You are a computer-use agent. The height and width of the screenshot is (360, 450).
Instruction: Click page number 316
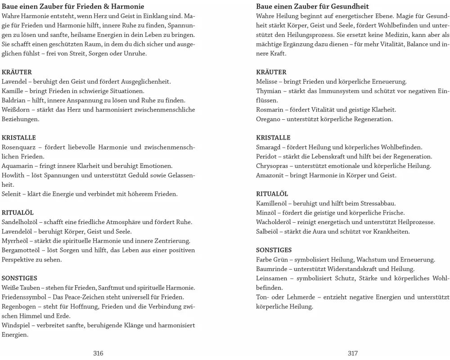[x=98, y=353]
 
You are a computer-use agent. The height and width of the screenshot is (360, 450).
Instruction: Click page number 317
[x=353, y=353]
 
